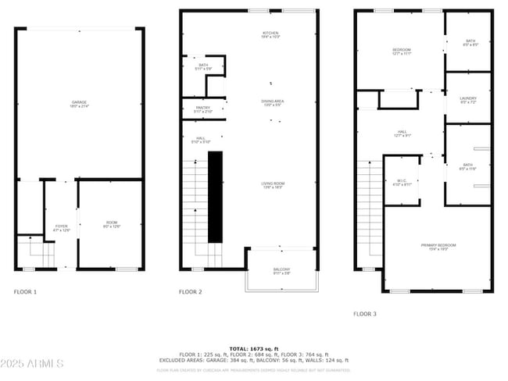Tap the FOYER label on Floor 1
(61, 227)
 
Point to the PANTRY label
(203, 109)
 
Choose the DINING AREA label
(272, 102)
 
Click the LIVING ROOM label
(273, 185)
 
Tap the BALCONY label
(281, 271)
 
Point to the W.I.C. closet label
(402, 182)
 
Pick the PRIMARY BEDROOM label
(438, 247)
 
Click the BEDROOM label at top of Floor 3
(401, 52)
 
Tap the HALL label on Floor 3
(402, 134)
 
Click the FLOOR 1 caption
(25, 291)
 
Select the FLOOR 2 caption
(190, 291)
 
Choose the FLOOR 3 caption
(364, 313)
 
